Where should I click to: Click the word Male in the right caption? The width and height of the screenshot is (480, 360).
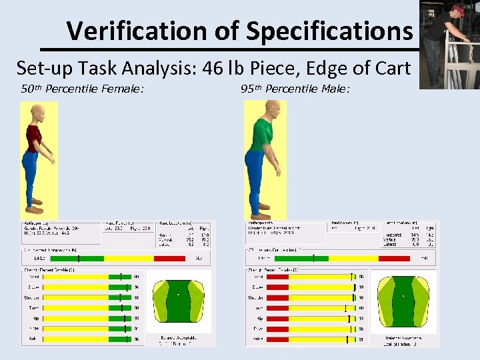333,89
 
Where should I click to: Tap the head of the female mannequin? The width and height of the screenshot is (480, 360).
37,111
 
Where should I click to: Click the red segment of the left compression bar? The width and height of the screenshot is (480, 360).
170,258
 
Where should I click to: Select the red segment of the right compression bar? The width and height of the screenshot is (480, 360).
393,258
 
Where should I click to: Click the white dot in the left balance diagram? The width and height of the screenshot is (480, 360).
178,294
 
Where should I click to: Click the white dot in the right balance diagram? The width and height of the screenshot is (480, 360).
403,295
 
